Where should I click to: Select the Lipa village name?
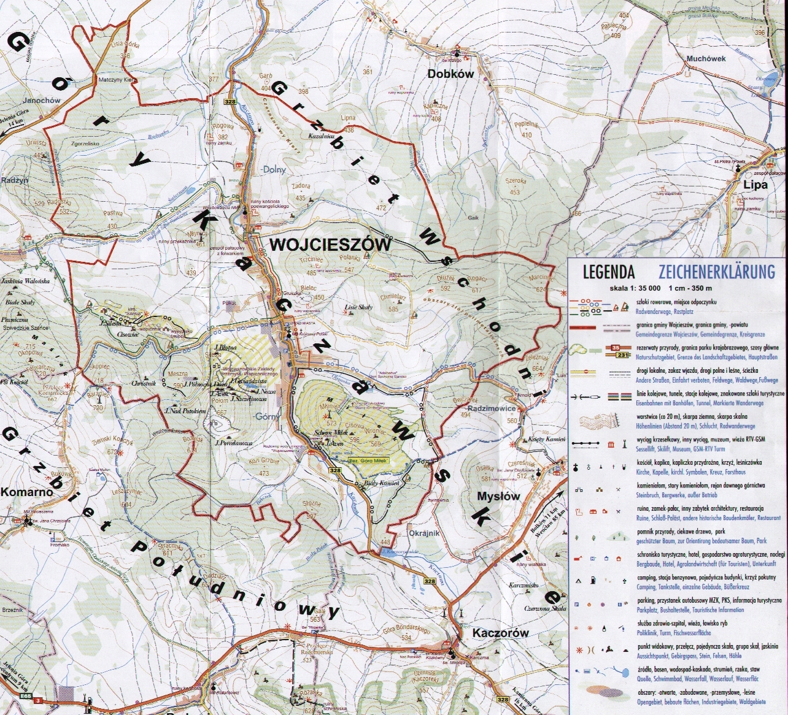pos(755,185)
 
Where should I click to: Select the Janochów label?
pos(41,101)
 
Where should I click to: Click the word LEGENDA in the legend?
pos(608,272)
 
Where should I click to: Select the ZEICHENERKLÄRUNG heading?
pos(716,272)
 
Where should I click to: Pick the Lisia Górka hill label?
pos(122,44)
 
